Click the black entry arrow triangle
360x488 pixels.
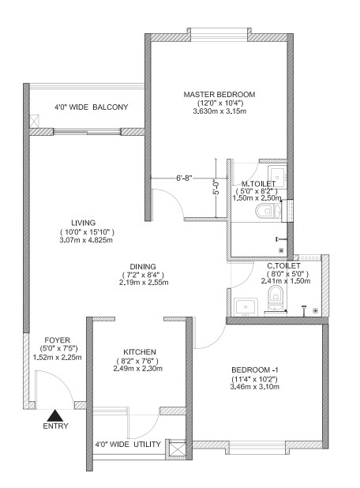(55, 415)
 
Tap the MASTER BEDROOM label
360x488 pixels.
(219, 94)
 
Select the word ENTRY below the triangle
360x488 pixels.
(56, 426)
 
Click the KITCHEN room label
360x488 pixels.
(140, 352)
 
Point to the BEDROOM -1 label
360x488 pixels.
(255, 370)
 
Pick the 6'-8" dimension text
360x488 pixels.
(184, 178)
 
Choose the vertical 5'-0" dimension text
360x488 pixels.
(216, 186)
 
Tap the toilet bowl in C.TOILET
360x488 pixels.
(275, 298)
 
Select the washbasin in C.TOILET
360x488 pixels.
(246, 306)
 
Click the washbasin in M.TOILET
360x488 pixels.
(277, 175)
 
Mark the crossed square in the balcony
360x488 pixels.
(34, 121)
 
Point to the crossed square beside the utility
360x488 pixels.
(177, 449)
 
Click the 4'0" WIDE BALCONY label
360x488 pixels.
(92, 107)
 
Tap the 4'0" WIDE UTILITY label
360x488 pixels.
(128, 444)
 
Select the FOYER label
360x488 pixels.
(58, 340)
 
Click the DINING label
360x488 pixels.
(143, 267)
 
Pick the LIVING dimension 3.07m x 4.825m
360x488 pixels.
(86, 240)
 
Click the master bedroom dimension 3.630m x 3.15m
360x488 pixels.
(219, 111)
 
